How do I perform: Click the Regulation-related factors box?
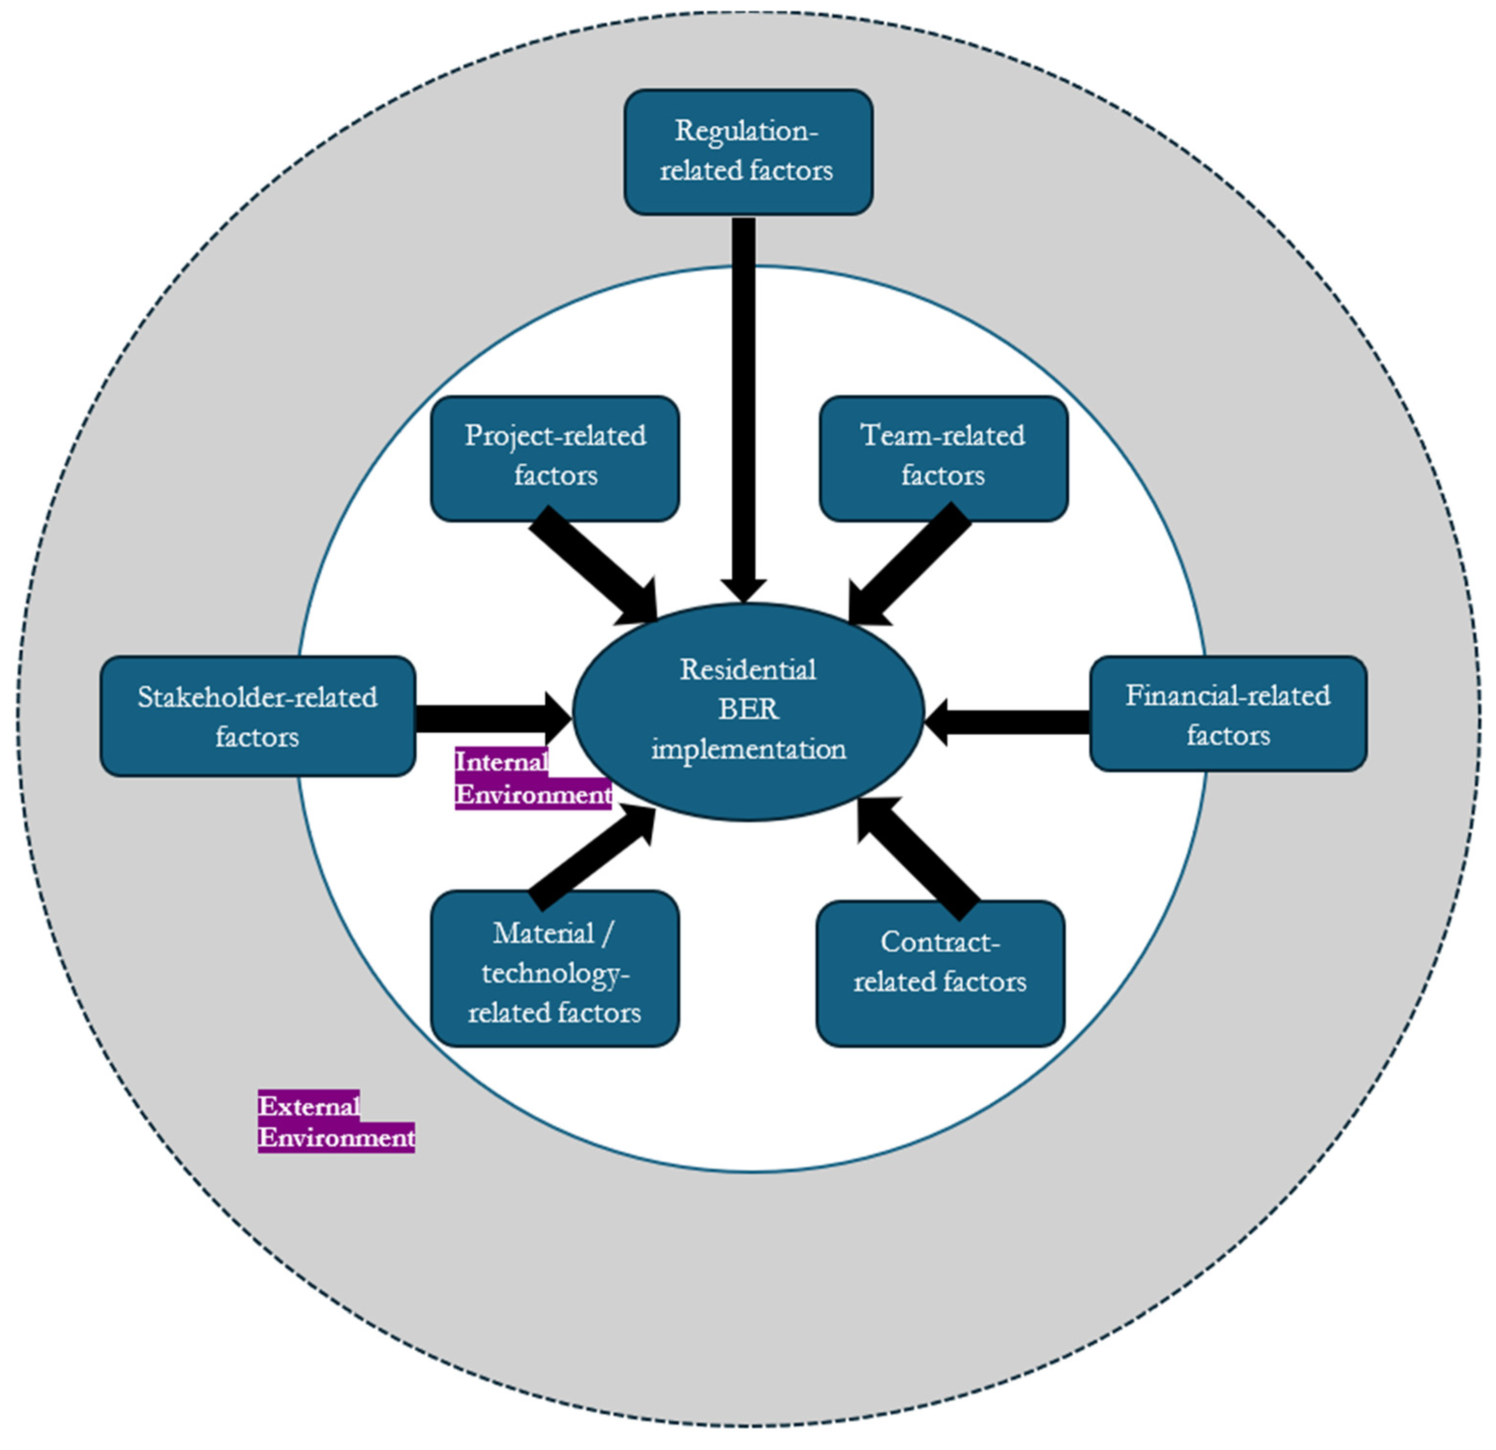tap(748, 152)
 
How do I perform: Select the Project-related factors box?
tap(555, 458)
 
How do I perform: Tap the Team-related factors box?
tap(943, 458)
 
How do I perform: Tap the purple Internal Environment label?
tap(532, 778)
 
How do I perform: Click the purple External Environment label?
tap(336, 1122)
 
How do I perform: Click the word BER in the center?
tap(748, 709)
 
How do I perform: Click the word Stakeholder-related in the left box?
tap(257, 697)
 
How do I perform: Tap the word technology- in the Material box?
tap(555, 973)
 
